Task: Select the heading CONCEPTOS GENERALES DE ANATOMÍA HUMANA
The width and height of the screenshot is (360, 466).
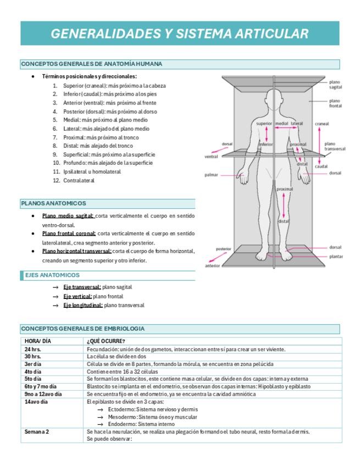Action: [91, 64]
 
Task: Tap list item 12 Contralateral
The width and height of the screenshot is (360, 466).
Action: [79, 180]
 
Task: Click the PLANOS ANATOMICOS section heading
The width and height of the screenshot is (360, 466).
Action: [53, 203]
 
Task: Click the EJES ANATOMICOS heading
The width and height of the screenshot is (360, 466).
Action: [52, 275]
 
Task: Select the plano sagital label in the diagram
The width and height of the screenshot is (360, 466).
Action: [336, 85]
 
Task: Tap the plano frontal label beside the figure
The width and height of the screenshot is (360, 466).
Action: [335, 103]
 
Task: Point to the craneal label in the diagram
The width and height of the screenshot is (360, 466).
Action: [322, 124]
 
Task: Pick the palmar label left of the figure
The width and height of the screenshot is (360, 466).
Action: [212, 175]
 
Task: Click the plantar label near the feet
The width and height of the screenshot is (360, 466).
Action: [336, 256]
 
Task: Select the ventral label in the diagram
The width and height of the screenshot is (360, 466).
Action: [212, 157]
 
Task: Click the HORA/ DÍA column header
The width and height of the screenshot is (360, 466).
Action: [38, 341]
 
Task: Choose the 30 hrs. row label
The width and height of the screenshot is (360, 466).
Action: [33, 356]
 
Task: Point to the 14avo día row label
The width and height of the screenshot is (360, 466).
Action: [36, 402]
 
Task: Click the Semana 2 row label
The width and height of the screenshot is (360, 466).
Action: [37, 431]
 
